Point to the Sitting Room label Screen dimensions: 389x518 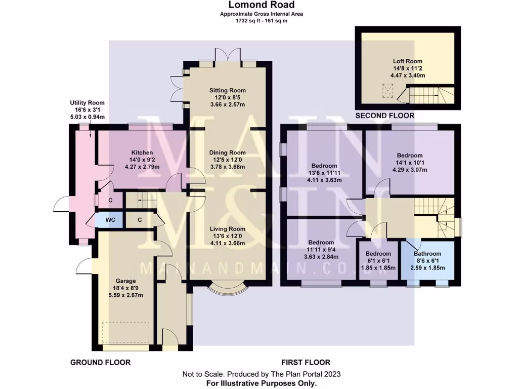pyautogui.click(x=228, y=91)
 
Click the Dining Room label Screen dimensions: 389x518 pyautogui.click(x=228, y=152)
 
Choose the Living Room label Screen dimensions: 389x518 pyautogui.click(x=228, y=229)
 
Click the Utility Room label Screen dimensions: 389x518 pyautogui.click(x=87, y=103)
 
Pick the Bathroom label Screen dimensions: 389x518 pyautogui.click(x=427, y=254)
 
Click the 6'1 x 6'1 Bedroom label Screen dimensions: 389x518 pyautogui.click(x=378, y=254)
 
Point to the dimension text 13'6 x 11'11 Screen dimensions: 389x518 pyautogui.click(x=324, y=173)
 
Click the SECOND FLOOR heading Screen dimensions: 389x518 pyautogui.click(x=384, y=116)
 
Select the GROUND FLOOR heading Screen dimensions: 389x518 pyautogui.click(x=100, y=362)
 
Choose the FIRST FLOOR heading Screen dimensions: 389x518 pyautogui.click(x=306, y=362)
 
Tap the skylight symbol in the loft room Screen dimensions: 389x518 pyautogui.click(x=388, y=92)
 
